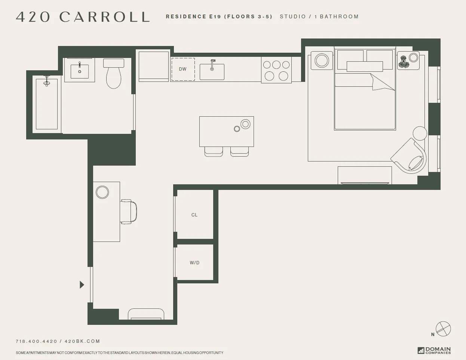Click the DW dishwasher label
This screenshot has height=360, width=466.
(183, 69)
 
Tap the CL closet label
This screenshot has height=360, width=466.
(194, 215)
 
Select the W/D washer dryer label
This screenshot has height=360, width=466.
(194, 263)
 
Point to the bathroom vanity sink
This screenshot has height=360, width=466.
(80, 71)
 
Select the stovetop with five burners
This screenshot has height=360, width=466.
(276, 70)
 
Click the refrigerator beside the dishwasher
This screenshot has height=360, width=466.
(154, 66)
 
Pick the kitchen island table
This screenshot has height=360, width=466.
(226, 131)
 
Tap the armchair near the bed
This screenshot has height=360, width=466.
(410, 156)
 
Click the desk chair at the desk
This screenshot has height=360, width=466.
(129, 212)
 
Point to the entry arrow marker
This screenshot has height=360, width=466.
(82, 285)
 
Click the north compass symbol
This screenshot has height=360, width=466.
(443, 329)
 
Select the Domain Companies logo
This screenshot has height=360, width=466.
(434, 350)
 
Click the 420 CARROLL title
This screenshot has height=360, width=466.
(83, 17)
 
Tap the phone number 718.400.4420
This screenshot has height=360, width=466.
(36, 341)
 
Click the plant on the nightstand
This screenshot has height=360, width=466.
(404, 61)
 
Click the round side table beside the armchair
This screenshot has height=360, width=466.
(420, 133)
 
